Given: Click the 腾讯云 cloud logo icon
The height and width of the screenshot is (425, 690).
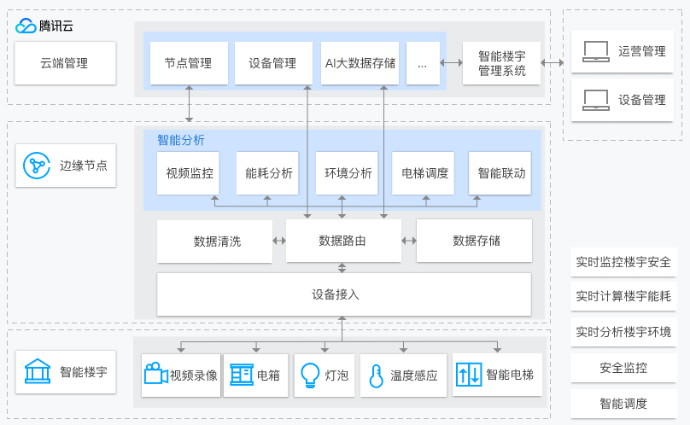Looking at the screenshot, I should click(x=26, y=26).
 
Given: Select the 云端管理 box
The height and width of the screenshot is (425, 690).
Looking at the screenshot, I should click(x=64, y=63).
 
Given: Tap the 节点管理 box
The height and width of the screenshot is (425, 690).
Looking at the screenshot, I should click(x=189, y=63).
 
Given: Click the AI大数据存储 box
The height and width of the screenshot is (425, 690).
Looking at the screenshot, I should click(x=360, y=63).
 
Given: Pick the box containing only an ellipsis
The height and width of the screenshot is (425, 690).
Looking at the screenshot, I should click(x=423, y=63).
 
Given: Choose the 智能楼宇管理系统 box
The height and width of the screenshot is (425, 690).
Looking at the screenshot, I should click(x=502, y=63).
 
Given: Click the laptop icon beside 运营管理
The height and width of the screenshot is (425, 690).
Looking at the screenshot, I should click(x=595, y=52).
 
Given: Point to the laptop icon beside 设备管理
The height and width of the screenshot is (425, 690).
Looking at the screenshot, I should click(x=595, y=101).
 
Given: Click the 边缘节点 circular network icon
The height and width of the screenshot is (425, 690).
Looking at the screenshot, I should click(x=37, y=166).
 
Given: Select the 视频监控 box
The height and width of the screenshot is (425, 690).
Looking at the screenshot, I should click(x=190, y=173).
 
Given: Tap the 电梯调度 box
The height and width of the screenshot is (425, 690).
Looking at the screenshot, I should click(x=424, y=173).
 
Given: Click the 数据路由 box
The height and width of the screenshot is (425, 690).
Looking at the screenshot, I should click(x=342, y=241).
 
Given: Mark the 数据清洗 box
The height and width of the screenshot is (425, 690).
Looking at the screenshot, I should click(x=217, y=241).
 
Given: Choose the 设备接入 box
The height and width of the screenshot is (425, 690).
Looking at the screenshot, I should click(x=343, y=294).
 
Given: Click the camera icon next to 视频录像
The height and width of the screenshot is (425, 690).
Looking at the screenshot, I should click(x=155, y=375).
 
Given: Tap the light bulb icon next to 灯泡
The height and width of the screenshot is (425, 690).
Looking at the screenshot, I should click(x=308, y=376).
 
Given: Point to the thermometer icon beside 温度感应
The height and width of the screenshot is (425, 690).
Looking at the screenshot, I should click(x=376, y=376).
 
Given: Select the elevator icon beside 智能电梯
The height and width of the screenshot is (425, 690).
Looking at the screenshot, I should click(x=470, y=375).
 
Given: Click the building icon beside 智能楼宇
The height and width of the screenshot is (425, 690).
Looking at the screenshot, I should click(x=37, y=372).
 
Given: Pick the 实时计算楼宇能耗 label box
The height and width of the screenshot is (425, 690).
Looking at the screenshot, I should click(x=623, y=297).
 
